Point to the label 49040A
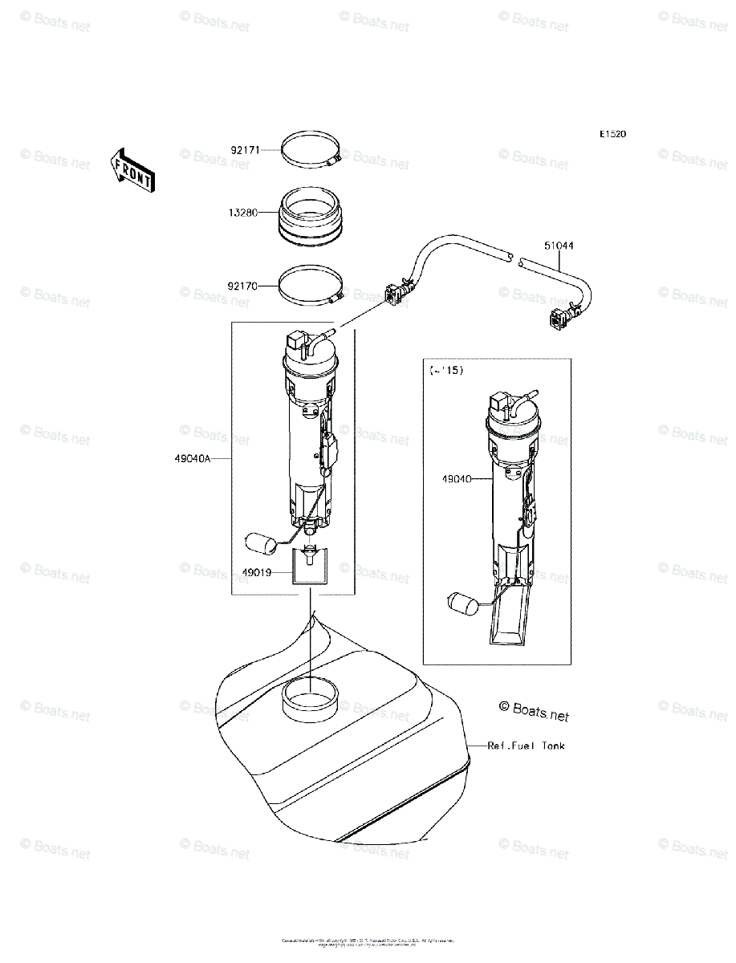point(193,459)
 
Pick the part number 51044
point(559,246)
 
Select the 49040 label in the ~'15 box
point(456,479)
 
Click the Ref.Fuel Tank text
point(527,746)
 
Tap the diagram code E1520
point(612,134)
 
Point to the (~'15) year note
point(447,370)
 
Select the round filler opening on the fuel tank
point(310,694)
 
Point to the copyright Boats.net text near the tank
point(534,709)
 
